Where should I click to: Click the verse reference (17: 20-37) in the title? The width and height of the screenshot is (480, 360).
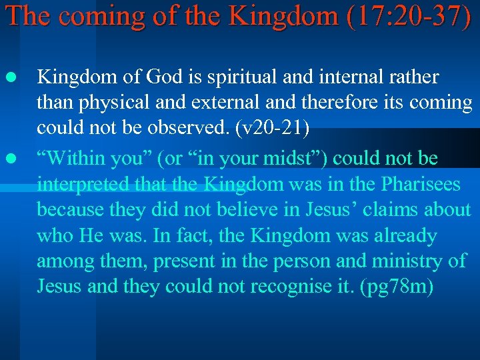point(408,16)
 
